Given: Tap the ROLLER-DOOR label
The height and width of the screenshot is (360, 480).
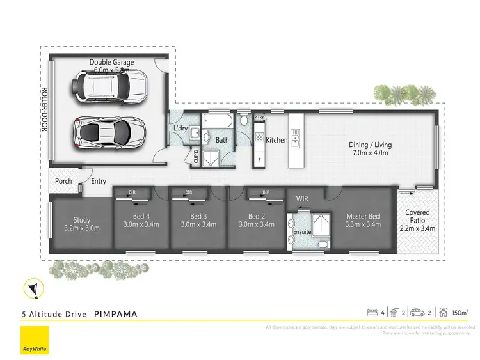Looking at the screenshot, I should (x=45, y=109).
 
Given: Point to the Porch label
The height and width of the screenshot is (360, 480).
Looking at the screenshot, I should (x=63, y=182).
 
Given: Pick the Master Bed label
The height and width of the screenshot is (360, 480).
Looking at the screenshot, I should (x=363, y=221).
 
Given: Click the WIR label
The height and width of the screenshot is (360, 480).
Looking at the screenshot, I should (x=303, y=199).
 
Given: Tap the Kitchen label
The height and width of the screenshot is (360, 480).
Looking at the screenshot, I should (x=277, y=140).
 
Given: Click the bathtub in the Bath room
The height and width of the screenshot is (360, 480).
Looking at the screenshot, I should (x=218, y=121).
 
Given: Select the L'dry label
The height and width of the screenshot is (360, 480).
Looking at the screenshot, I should (x=180, y=129).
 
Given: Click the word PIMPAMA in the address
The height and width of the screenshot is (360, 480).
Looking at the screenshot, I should (x=115, y=314).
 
